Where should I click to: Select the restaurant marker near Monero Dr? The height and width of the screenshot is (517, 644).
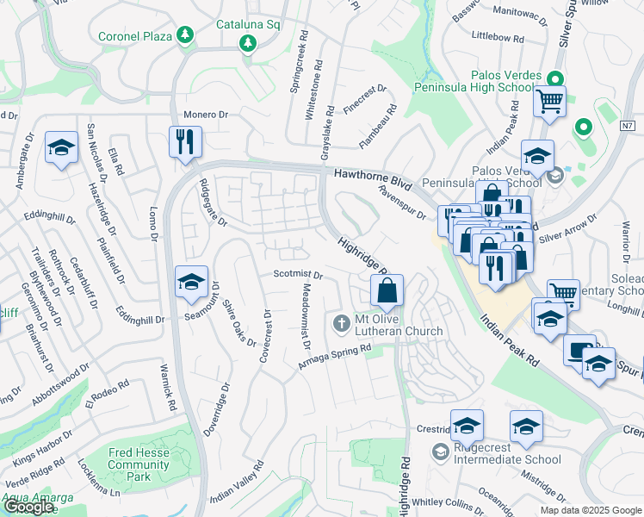click(x=186, y=141)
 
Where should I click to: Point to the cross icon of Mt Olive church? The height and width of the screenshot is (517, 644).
click(x=341, y=324)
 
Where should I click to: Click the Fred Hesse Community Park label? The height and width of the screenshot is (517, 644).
click(x=139, y=464)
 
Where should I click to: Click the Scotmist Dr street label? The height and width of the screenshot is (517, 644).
click(x=297, y=276)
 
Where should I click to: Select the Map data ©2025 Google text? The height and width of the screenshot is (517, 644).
click(x=590, y=510)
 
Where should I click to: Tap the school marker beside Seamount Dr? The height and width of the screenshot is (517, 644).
click(x=191, y=282)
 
